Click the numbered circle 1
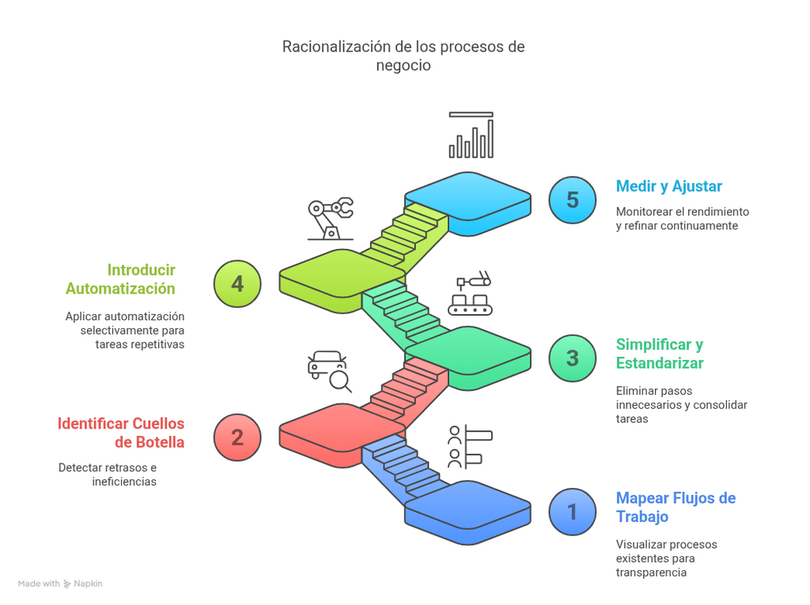(x=573, y=512)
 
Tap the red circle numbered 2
(x=237, y=437)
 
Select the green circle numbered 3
(x=573, y=357)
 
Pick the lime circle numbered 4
(x=237, y=283)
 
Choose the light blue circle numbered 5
(x=573, y=199)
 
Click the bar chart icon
(x=471, y=135)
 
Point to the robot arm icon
(x=330, y=217)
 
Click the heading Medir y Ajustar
(x=668, y=187)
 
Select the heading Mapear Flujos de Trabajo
(x=676, y=507)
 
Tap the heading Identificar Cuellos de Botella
(x=121, y=433)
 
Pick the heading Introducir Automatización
(x=121, y=279)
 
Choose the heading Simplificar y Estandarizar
(x=660, y=354)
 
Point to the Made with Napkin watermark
(x=60, y=584)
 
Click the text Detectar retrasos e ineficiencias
(x=108, y=475)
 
